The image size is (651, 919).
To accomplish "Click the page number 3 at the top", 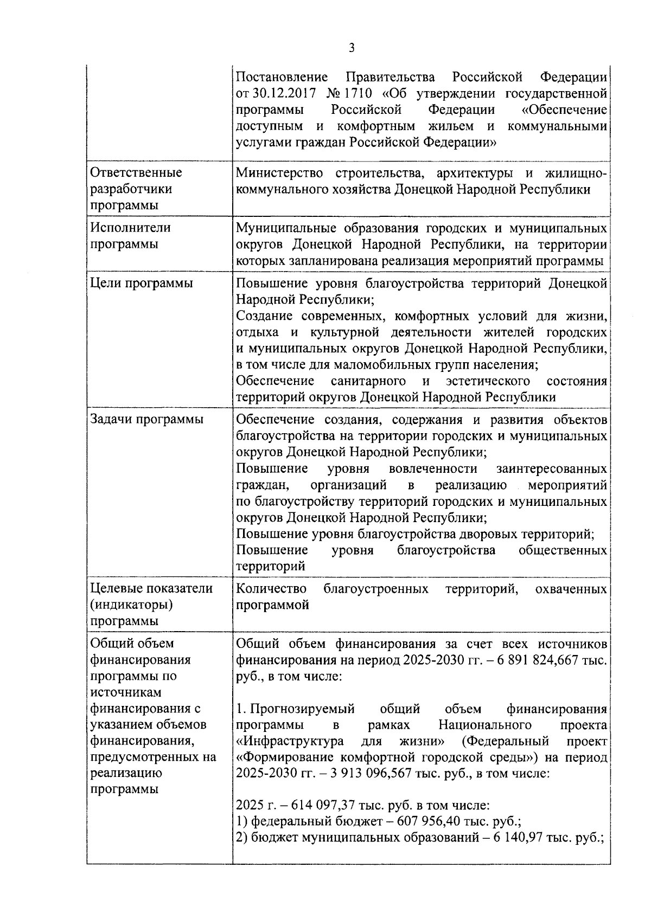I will (x=352, y=48).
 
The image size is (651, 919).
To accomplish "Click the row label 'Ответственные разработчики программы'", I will (x=136, y=189).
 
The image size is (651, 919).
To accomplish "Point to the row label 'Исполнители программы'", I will (x=130, y=235).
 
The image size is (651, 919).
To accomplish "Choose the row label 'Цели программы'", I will (x=141, y=283).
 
